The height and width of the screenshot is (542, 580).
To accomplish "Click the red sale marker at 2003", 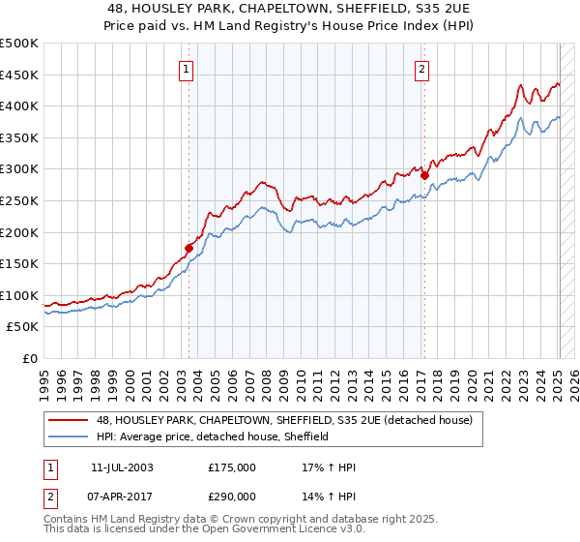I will coord(189,248).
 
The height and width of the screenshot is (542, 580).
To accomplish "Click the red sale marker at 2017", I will coord(424,175).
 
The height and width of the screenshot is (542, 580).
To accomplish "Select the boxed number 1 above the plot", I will coord(185,69).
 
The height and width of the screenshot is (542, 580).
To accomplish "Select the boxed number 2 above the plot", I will coord(422,69).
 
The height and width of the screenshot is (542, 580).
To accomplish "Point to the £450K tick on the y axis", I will coord(19,75).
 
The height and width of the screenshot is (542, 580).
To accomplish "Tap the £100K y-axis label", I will coord(19,295).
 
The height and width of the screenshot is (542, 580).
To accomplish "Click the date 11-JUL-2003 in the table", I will coord(121,467).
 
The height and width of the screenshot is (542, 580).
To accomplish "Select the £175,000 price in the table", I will coord(232,467).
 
